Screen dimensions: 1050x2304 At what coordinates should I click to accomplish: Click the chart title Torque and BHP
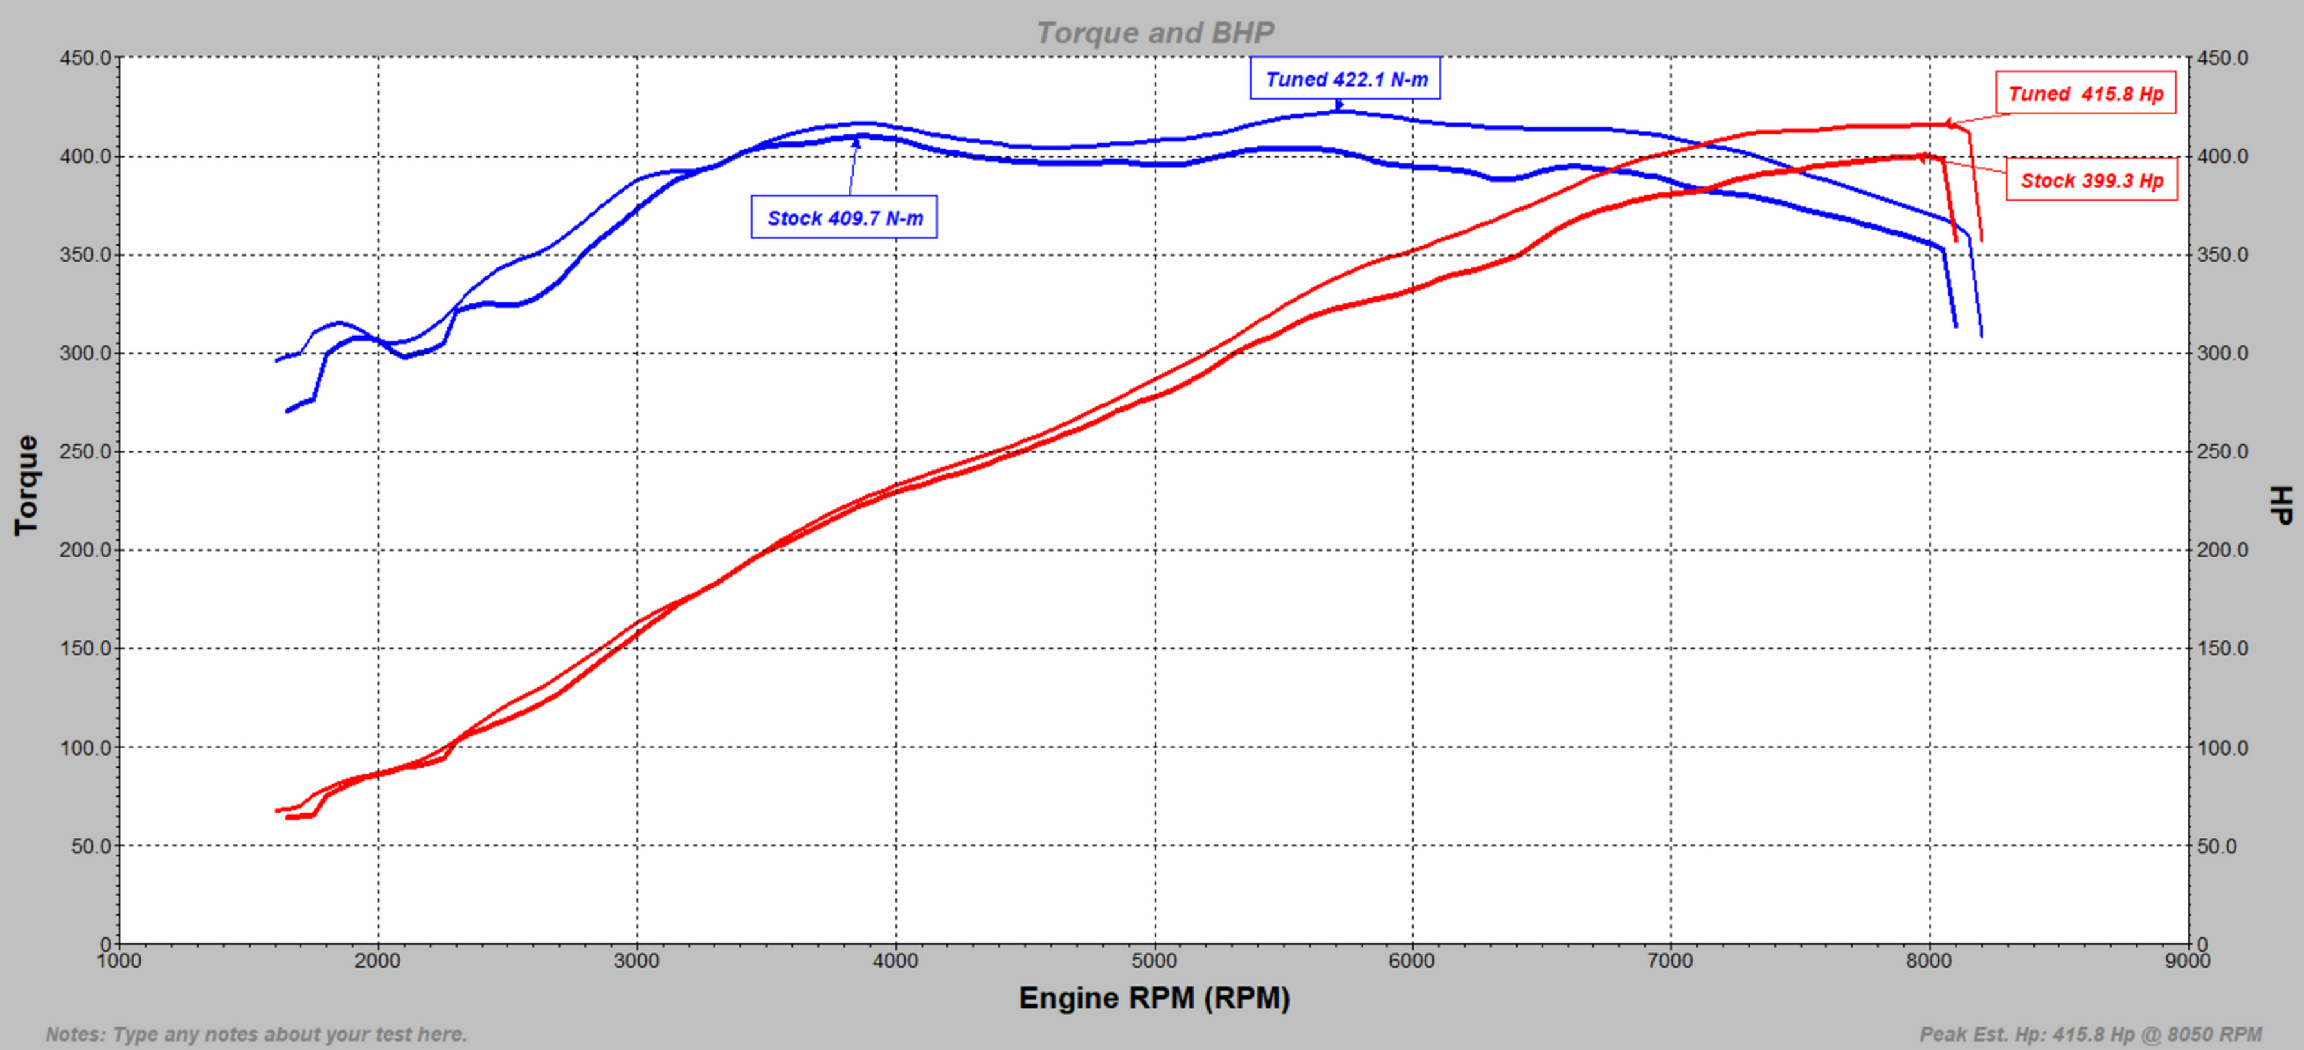click(1155, 33)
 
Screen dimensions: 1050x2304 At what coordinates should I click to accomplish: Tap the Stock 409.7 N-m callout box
click(844, 218)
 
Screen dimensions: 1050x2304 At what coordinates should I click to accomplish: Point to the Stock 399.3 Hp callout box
click(2091, 181)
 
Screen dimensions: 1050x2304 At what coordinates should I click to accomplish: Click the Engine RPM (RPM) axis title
click(1154, 998)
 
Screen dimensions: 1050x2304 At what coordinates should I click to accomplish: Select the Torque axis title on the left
click(27, 485)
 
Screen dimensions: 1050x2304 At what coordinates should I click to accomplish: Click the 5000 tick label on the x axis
click(1154, 961)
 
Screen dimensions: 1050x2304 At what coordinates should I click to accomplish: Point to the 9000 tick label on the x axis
click(2188, 961)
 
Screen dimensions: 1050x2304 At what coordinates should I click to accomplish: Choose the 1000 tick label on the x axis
click(119, 961)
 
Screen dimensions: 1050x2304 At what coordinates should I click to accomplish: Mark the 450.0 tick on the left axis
click(85, 58)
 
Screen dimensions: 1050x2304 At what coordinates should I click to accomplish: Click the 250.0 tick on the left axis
click(85, 451)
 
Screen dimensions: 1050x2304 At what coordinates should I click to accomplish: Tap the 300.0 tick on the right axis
click(2222, 353)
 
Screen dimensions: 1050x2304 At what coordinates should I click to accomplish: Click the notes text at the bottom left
click(256, 1035)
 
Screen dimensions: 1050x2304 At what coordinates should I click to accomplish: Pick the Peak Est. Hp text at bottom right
click(2090, 1035)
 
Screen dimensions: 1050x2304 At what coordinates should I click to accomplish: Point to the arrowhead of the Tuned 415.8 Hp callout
click(1948, 123)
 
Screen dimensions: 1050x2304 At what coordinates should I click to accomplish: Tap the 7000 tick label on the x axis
click(1670, 961)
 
